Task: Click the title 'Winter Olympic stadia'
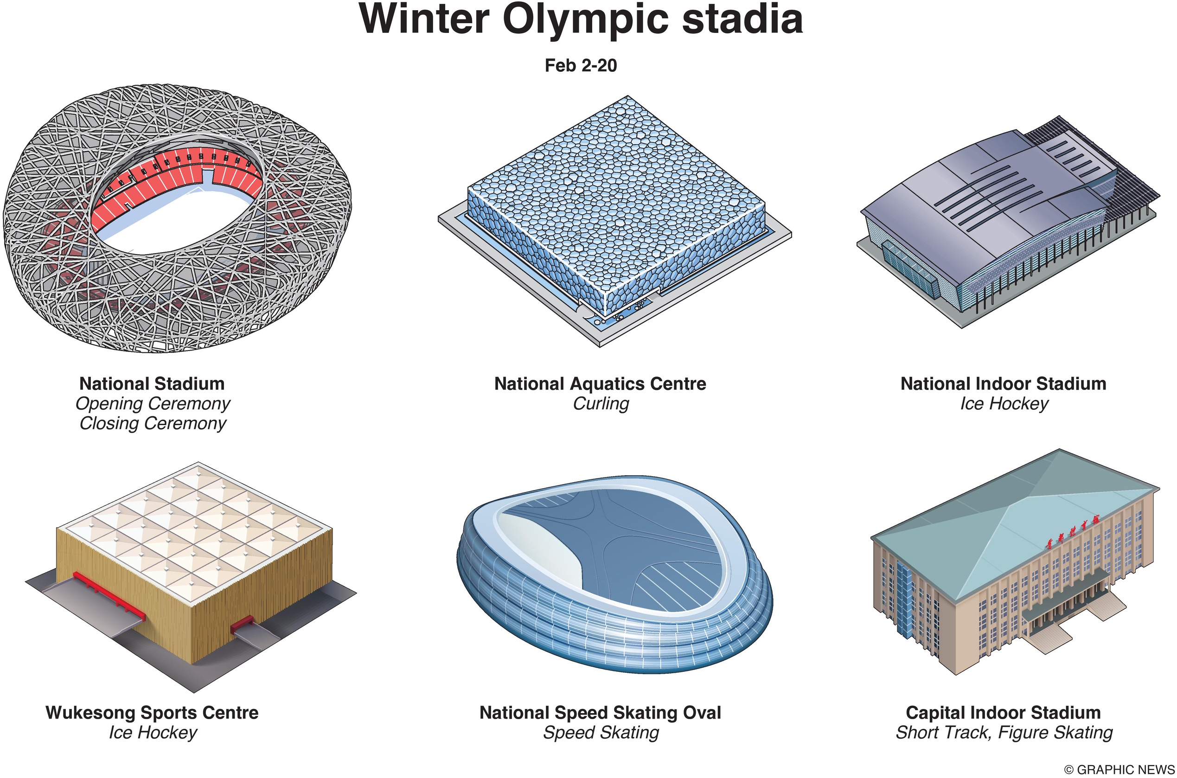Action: (x=581, y=20)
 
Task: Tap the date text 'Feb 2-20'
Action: (x=581, y=65)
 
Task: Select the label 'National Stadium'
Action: (x=152, y=383)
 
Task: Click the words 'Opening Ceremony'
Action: (x=152, y=404)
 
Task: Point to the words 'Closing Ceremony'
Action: (x=152, y=424)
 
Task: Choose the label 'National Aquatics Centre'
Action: (x=600, y=383)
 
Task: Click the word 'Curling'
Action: (x=601, y=404)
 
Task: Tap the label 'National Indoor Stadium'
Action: (x=1004, y=383)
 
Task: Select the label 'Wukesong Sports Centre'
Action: (x=152, y=713)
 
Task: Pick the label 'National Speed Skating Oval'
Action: (x=600, y=713)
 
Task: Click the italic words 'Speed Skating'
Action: (x=601, y=733)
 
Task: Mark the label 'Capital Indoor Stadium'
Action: (x=1004, y=713)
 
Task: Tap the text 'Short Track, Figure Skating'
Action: (x=1004, y=733)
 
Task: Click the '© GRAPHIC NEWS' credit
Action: (x=1119, y=770)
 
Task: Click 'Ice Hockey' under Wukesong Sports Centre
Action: (x=153, y=733)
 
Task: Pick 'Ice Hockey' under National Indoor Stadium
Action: (x=1004, y=404)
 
